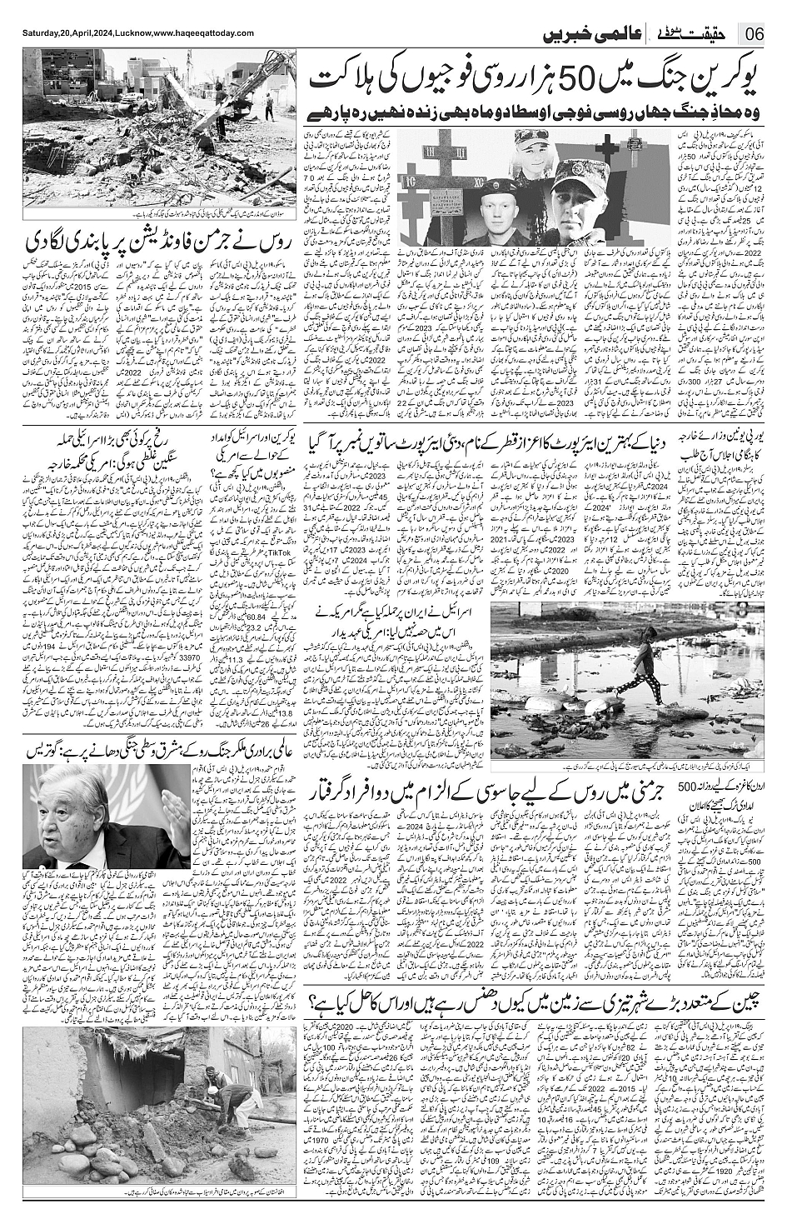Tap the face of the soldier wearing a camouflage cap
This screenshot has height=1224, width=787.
click(x=575, y=199)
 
